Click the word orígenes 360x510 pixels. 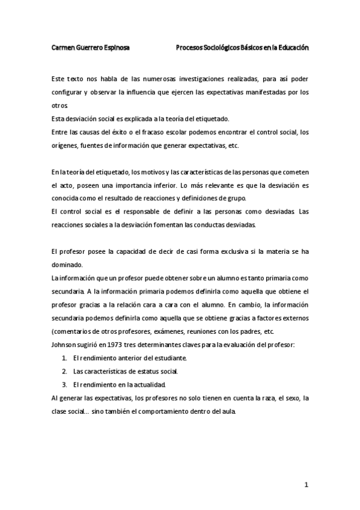66,146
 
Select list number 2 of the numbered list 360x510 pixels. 64,370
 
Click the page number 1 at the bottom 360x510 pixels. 306,484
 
